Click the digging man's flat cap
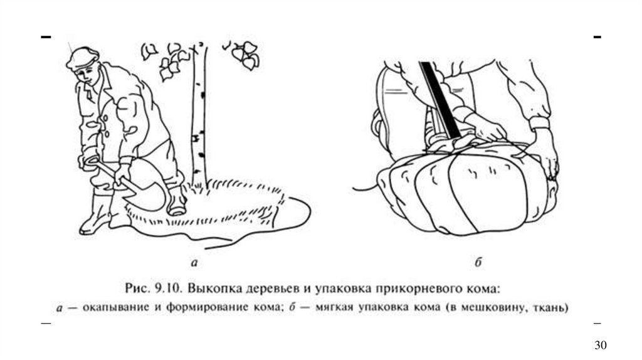tap(81, 56)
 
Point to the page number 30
tap(601, 346)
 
